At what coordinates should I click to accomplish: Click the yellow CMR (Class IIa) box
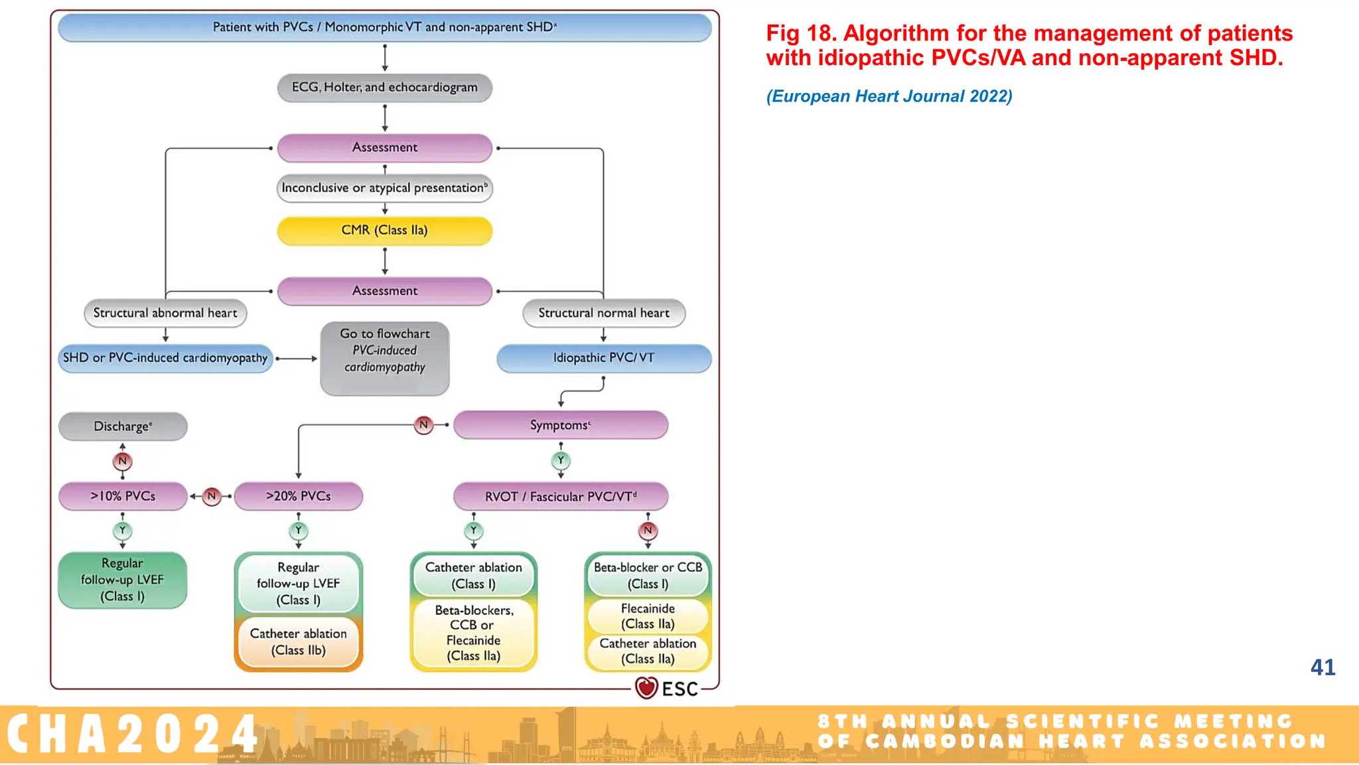point(384,230)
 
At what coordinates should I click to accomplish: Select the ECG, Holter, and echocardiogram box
point(384,88)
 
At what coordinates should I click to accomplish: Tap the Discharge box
point(123,426)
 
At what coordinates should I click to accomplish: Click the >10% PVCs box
point(123,496)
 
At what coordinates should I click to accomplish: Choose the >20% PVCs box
point(298,496)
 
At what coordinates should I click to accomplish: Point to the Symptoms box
point(560,425)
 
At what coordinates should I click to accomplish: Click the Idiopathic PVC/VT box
point(604,358)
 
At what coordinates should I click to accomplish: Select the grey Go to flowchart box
point(384,359)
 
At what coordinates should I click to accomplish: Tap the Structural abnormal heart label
point(165,313)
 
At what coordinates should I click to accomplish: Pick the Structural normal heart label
point(604,313)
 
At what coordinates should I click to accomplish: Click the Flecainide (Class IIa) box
point(648,616)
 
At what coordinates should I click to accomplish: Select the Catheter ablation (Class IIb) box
point(298,642)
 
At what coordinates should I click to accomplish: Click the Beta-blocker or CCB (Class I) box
point(648,576)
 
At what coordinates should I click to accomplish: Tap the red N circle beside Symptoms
point(423,424)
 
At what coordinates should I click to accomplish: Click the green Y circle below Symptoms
point(561,460)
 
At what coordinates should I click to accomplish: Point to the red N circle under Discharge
point(122,461)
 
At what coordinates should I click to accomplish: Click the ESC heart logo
point(646,688)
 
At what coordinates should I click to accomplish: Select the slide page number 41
point(1323,667)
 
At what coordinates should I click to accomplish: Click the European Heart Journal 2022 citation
point(889,96)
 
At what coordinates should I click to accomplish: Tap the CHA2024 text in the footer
point(133,734)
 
